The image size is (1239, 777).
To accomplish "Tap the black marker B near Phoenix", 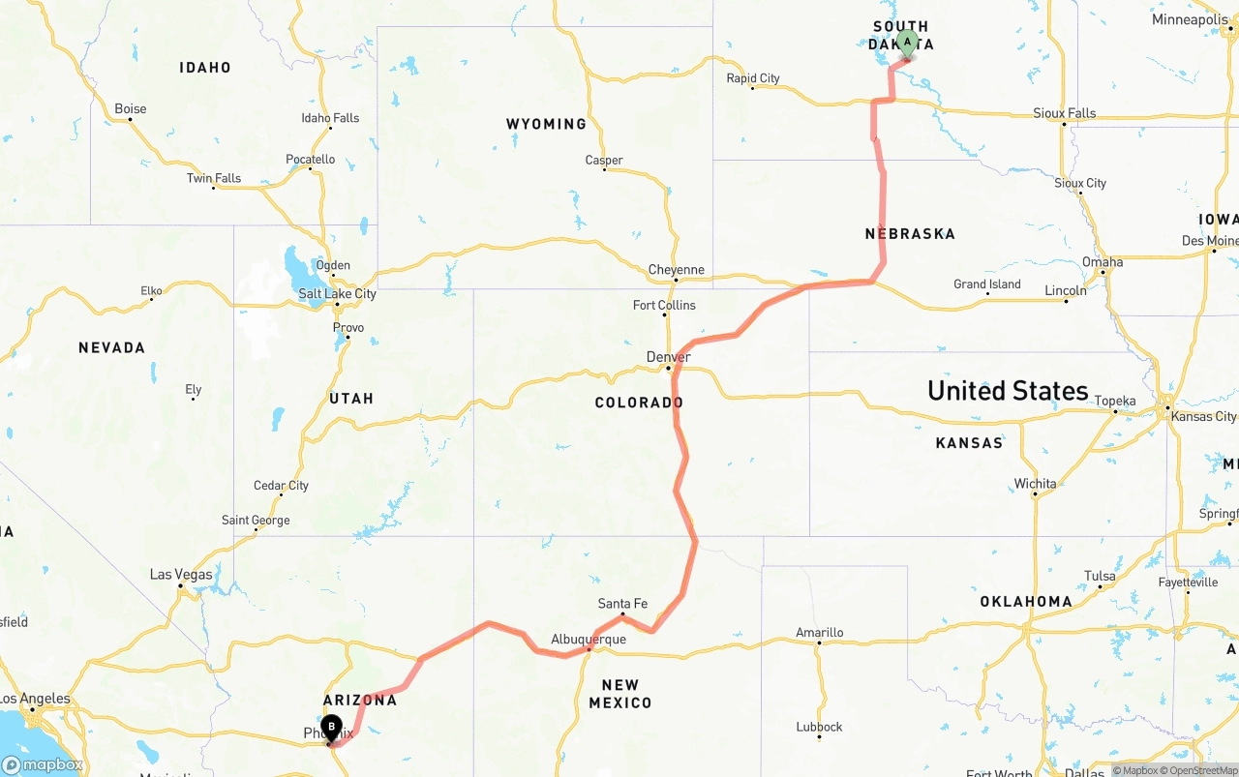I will pos(331,726).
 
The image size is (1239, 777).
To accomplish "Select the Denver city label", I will pos(669,357).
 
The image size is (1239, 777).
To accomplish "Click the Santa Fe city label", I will pos(622,604).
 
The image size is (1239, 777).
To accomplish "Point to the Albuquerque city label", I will pos(589,640).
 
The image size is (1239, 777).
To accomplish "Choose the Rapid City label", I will pos(753,78).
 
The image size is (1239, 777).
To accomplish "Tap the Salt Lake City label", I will pos(337,294).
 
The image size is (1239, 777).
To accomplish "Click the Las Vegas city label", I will pos(181,575).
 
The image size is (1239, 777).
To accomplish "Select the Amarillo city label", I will pos(820,633).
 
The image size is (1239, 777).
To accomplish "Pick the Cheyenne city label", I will pos(677,270).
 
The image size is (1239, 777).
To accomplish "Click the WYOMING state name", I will pos(546,124).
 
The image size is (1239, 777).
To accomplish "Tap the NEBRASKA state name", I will pos(910,233).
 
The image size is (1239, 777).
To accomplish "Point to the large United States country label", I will pos(1008,391).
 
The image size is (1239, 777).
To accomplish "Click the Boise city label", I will pos(131,108).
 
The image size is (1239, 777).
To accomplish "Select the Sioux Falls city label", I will pos(1065,113).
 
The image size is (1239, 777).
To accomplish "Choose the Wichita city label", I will pos(1036,484).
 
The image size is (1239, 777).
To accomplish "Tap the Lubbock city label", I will pos(820,727).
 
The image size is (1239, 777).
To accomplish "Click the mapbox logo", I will pos(43,764).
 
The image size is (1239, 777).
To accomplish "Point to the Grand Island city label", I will pos(987,284).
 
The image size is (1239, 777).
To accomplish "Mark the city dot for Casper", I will pos(605,170).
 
